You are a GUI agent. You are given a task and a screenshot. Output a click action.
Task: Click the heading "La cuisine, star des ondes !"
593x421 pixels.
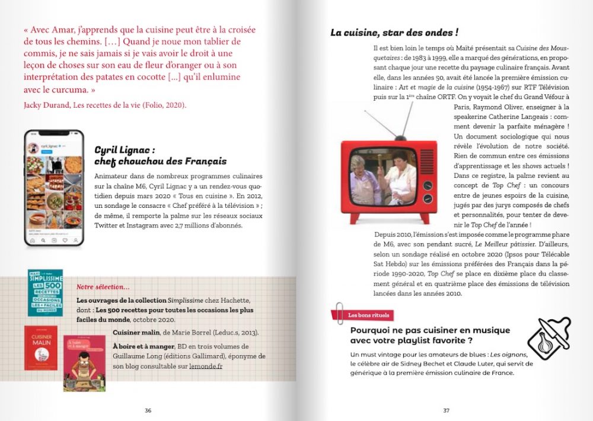pos(394,32)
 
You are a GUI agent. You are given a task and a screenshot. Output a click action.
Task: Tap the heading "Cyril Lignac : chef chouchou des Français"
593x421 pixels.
pos(160,155)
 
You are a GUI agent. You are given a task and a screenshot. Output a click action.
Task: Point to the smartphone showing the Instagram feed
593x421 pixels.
pos(53,187)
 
